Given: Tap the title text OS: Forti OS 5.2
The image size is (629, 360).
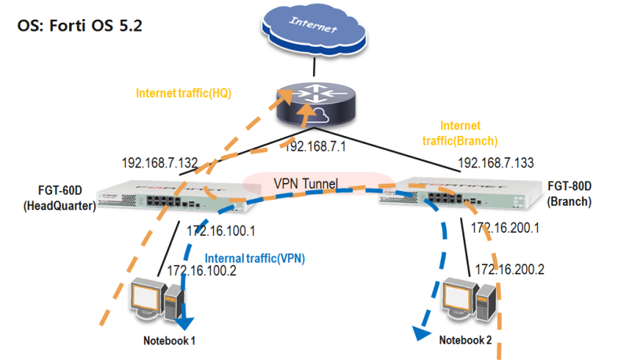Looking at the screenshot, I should [x=79, y=25].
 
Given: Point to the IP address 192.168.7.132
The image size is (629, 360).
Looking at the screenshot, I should [x=160, y=163].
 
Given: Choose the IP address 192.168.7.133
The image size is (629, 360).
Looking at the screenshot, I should [x=495, y=163].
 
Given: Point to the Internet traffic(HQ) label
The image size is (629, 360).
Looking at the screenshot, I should [x=189, y=93].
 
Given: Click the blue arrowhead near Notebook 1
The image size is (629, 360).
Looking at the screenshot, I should [x=187, y=324].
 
